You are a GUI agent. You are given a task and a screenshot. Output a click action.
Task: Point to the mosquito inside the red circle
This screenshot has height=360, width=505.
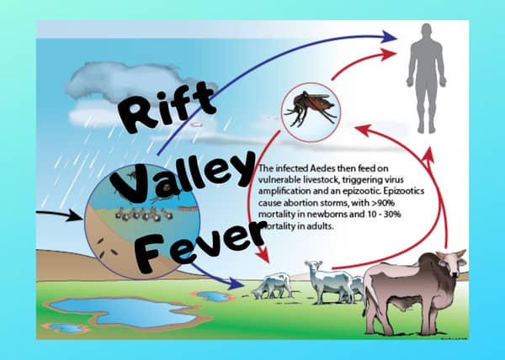pyautogui.click(x=309, y=108)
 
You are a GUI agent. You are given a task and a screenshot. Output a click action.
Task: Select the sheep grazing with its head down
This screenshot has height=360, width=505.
pyautogui.click(x=274, y=285)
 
